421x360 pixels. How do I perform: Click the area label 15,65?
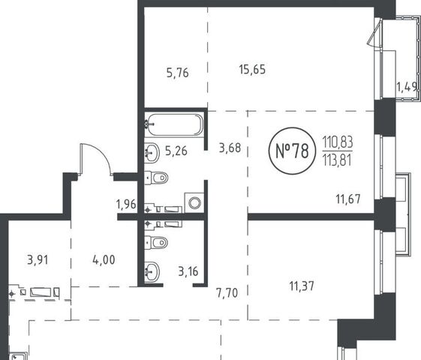252,70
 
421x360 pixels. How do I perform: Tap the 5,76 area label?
177,73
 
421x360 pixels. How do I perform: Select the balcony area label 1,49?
407,87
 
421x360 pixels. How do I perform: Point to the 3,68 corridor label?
230,148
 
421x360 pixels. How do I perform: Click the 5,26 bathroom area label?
176,151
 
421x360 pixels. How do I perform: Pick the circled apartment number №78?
292,151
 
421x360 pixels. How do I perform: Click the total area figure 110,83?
338,142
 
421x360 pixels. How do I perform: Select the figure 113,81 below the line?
337,160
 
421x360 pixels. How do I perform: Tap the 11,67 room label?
348,199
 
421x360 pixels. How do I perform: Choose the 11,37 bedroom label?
302,286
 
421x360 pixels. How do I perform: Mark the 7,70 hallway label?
227,293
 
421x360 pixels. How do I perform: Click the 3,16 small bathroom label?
188,271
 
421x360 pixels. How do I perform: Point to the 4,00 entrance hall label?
104,259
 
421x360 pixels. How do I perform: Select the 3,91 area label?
38,259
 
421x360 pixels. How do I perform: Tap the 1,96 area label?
126,204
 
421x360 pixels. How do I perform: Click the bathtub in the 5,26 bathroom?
174,125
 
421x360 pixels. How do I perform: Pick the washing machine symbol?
194,202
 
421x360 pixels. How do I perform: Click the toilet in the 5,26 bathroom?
157,178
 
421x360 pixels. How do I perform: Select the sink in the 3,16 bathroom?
152,271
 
